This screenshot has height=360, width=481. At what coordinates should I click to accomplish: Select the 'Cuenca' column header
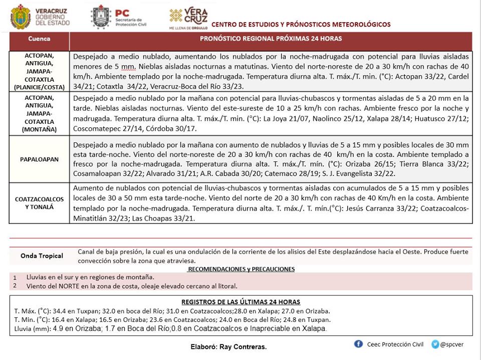(x=39, y=39)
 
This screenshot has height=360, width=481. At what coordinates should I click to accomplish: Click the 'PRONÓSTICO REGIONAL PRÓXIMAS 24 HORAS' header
(x=271, y=39)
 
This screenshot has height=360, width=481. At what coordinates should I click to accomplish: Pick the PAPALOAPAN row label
(x=39, y=159)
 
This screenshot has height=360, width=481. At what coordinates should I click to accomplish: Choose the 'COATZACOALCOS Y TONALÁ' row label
(x=39, y=203)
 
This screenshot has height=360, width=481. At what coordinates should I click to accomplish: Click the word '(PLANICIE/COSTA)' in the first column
(x=39, y=87)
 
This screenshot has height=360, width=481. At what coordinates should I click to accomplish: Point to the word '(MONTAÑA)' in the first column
(x=39, y=129)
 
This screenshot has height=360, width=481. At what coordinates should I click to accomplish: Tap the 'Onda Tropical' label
(x=42, y=256)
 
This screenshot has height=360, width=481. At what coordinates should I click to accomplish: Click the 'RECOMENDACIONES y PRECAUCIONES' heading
(x=241, y=269)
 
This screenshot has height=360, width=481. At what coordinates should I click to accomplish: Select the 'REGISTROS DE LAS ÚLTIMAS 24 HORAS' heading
(x=241, y=302)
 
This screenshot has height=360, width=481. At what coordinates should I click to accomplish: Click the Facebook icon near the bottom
(x=358, y=344)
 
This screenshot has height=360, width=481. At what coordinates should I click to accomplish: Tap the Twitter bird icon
(x=435, y=344)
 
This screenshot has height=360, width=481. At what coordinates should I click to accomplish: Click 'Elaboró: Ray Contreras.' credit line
(x=228, y=347)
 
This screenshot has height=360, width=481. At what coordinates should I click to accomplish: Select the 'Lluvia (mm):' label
(x=32, y=329)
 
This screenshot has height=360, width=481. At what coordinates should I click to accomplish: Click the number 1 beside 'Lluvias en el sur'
(x=15, y=277)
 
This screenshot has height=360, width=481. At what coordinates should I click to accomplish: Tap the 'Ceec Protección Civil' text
(x=395, y=344)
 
